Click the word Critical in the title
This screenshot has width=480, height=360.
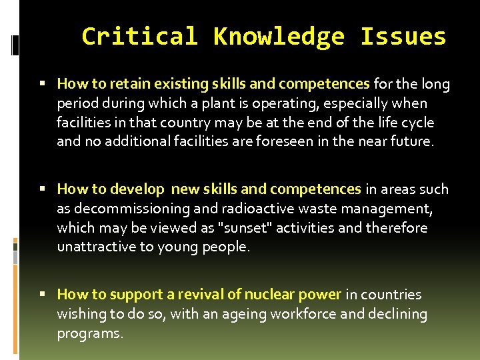pyautogui.click(x=139, y=36)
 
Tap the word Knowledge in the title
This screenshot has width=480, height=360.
pyautogui.click(x=279, y=37)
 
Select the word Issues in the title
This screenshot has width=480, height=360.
pyautogui.click(x=403, y=36)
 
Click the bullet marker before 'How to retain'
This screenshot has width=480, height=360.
pyautogui.click(x=42, y=84)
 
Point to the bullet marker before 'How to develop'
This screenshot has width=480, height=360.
pyautogui.click(x=42, y=190)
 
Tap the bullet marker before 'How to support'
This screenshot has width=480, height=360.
pyautogui.click(x=42, y=295)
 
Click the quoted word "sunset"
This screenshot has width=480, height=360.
pyautogui.click(x=244, y=228)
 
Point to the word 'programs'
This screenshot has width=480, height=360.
pyautogui.click(x=89, y=334)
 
